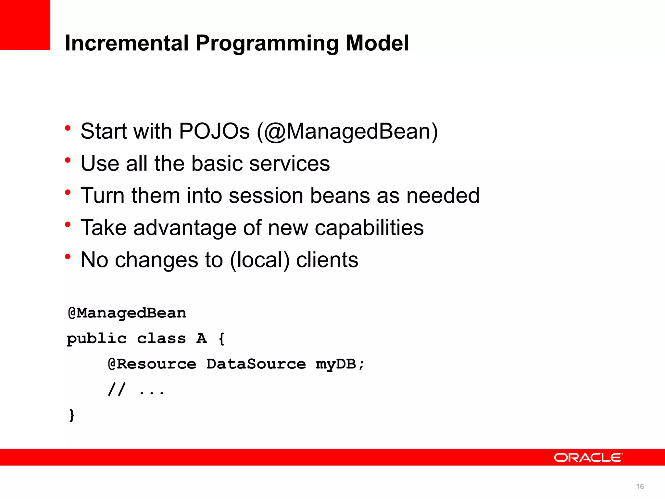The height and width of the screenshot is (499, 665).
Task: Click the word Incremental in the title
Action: pos(127,43)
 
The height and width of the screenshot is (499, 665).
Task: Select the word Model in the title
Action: pos(377,43)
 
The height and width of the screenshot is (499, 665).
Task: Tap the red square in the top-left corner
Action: pos(25,25)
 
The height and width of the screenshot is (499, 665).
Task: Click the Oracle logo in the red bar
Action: pos(588,457)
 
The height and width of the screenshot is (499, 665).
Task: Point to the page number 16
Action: pos(640,486)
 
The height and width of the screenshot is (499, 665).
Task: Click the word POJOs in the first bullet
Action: pos(214,131)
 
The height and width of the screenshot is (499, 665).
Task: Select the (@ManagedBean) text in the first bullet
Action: pos(347,131)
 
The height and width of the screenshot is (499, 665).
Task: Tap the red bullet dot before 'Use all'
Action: pos(68,160)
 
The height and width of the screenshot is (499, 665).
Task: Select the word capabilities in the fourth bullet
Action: pos(369,228)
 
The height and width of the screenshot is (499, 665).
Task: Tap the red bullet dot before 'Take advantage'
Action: pos(68,224)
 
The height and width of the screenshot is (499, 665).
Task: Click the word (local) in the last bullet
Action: pos(259,260)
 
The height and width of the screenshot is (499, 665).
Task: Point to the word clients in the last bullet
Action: pos(327,260)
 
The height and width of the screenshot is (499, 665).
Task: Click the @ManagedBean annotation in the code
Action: pos(127,313)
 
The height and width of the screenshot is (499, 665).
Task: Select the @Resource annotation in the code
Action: pos(152,364)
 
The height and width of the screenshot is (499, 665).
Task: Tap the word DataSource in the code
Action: pos(256,364)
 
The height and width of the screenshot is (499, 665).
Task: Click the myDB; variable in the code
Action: pos(340,364)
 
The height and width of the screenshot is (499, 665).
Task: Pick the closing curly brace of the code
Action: pos(72,415)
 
